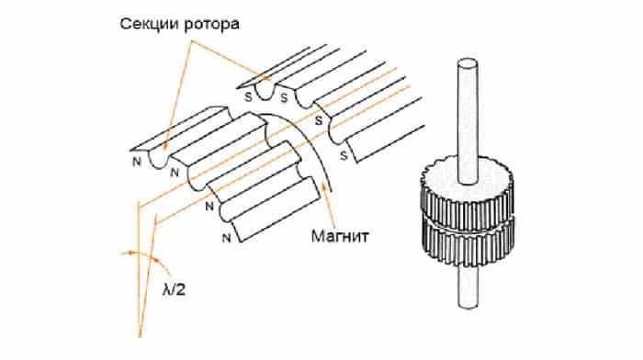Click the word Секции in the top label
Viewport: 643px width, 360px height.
click(150, 24)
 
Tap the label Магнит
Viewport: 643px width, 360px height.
click(340, 236)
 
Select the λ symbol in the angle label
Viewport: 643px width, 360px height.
click(167, 288)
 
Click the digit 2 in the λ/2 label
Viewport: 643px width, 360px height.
click(181, 290)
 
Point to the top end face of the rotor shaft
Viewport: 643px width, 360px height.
click(468, 63)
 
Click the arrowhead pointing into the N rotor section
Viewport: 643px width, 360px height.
click(164, 144)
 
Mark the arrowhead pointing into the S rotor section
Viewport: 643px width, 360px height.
click(267, 76)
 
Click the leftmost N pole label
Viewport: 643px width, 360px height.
click(137, 162)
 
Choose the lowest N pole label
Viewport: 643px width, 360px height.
click(226, 238)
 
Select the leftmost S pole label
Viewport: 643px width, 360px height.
click(249, 97)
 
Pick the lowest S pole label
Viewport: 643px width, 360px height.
click(344, 155)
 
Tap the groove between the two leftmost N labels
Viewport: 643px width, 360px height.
click(157, 161)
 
